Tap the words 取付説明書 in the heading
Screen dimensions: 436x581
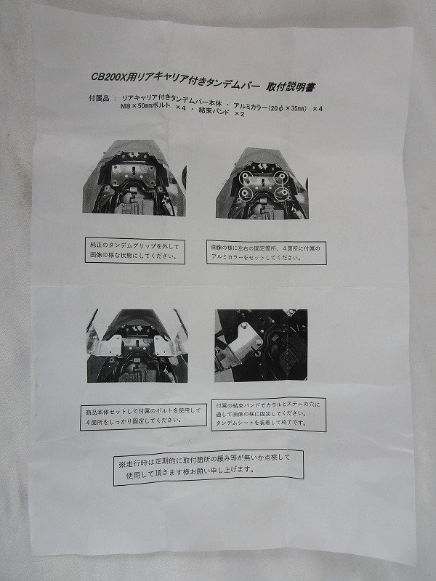[x=291, y=87]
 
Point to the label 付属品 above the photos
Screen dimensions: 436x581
[x=99, y=99]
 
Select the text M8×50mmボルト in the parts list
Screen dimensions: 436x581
[x=148, y=106]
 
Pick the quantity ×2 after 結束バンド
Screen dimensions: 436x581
[x=240, y=114]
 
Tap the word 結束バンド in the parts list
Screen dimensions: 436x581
[x=214, y=110]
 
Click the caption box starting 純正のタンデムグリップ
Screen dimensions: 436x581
[x=135, y=251]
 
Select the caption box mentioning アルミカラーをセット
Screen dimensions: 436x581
[x=266, y=252]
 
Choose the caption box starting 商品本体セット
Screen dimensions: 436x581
[x=143, y=416]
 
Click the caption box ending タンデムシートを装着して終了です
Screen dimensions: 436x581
[x=268, y=414]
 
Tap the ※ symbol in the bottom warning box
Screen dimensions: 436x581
[x=122, y=464]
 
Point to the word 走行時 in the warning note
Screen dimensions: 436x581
[x=138, y=463]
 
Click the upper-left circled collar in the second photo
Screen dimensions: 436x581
[x=245, y=176]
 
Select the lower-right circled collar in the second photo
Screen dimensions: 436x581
[x=281, y=192]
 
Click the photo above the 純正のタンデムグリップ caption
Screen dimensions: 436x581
[x=134, y=177]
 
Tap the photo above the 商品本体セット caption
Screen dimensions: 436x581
[x=137, y=346]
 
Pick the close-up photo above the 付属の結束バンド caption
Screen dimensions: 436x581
[x=261, y=346]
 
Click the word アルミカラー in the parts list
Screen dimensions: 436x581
[x=250, y=107]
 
